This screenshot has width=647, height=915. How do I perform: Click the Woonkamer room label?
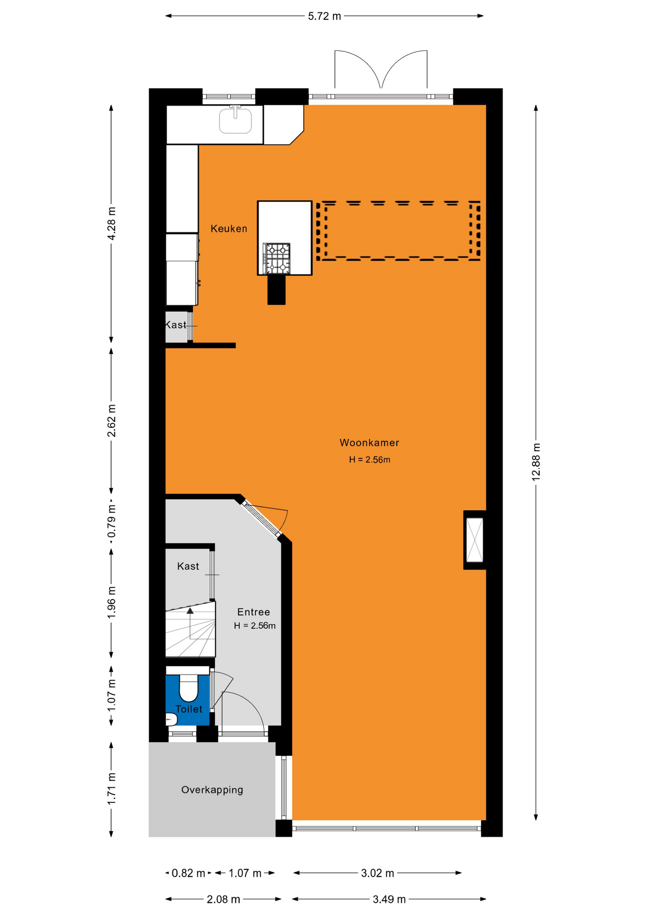pos(369,443)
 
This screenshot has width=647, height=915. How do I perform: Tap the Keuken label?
pos(229,229)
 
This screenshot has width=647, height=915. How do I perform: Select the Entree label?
pos(253,612)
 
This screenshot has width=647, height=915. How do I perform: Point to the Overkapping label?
pos(212,790)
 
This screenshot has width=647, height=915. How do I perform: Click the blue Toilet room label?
pos(189,709)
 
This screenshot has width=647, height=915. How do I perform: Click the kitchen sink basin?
pos(235,121)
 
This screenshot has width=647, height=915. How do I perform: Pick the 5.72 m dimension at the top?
pos(324,16)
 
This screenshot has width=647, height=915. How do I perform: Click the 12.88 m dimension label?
pos(536,462)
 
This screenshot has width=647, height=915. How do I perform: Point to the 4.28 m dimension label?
pos(111,224)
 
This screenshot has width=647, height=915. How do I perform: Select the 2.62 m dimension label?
pos(111,420)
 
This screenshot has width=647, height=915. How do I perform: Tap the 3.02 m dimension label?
pos(377,873)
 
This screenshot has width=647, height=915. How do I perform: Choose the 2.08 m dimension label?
pos(223,899)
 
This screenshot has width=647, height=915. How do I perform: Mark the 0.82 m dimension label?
pos(188,873)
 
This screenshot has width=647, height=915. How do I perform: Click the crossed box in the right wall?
pos(475,540)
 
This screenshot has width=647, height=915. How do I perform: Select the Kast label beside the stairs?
pos(188,566)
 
